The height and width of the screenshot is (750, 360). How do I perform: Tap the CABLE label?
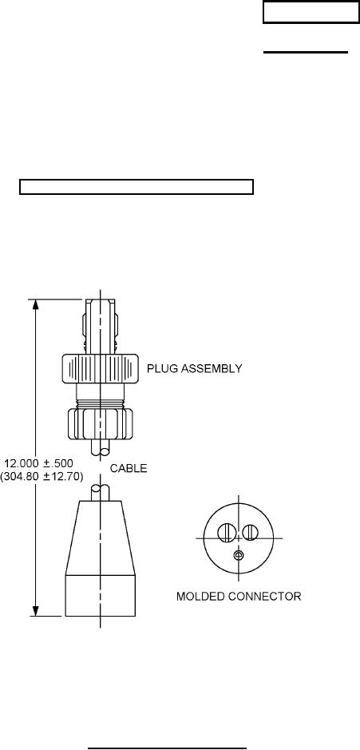[x=129, y=468]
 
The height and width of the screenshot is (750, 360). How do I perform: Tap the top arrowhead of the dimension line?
[x=35, y=304]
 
